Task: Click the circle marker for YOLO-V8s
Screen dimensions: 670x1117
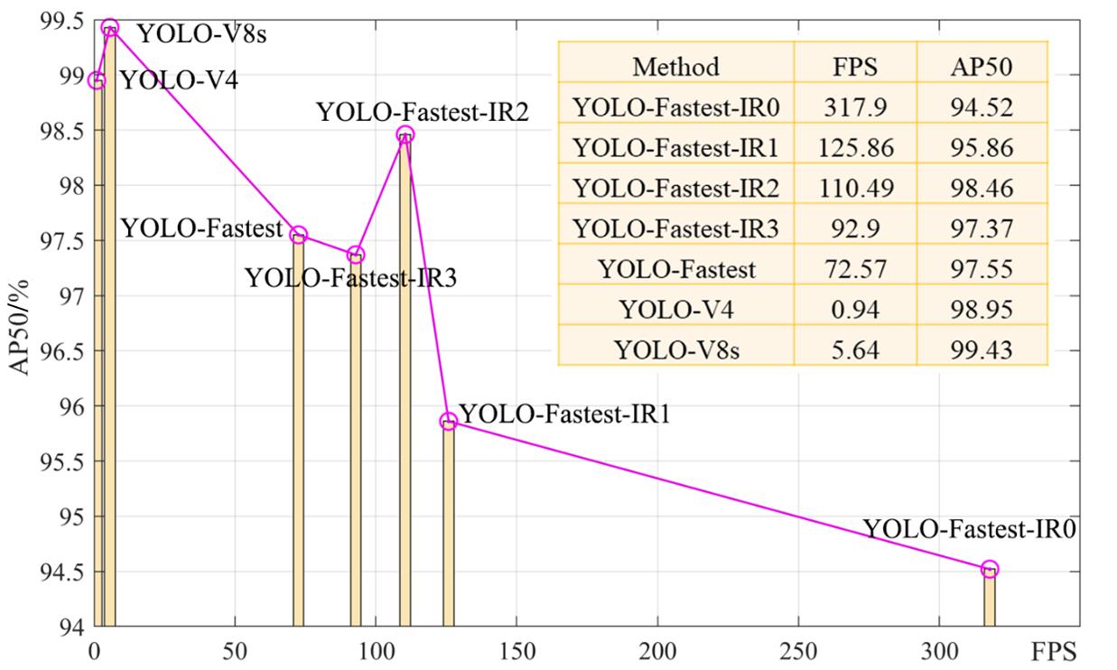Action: tap(110, 27)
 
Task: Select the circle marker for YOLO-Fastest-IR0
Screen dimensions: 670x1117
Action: tap(990, 569)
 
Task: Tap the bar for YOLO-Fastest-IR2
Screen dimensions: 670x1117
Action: tap(405, 379)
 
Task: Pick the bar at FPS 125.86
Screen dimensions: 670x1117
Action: tap(449, 524)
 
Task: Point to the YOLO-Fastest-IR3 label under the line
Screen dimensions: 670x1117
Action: tap(350, 278)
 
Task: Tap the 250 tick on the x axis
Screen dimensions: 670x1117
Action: tap(798, 649)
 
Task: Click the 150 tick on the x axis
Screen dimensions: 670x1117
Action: tap(517, 649)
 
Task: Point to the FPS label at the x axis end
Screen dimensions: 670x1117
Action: tap(1053, 649)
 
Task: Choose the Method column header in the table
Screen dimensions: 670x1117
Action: tap(675, 66)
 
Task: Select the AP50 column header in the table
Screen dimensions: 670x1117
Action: tap(982, 66)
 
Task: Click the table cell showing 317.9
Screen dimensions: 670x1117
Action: tap(854, 107)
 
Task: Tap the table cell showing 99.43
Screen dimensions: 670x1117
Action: tap(982, 349)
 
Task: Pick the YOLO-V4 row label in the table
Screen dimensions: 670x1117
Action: tap(675, 310)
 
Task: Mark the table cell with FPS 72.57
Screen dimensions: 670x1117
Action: tap(854, 269)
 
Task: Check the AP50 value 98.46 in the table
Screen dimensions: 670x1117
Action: tap(982, 188)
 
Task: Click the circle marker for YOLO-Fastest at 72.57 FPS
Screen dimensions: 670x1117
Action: tap(299, 235)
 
